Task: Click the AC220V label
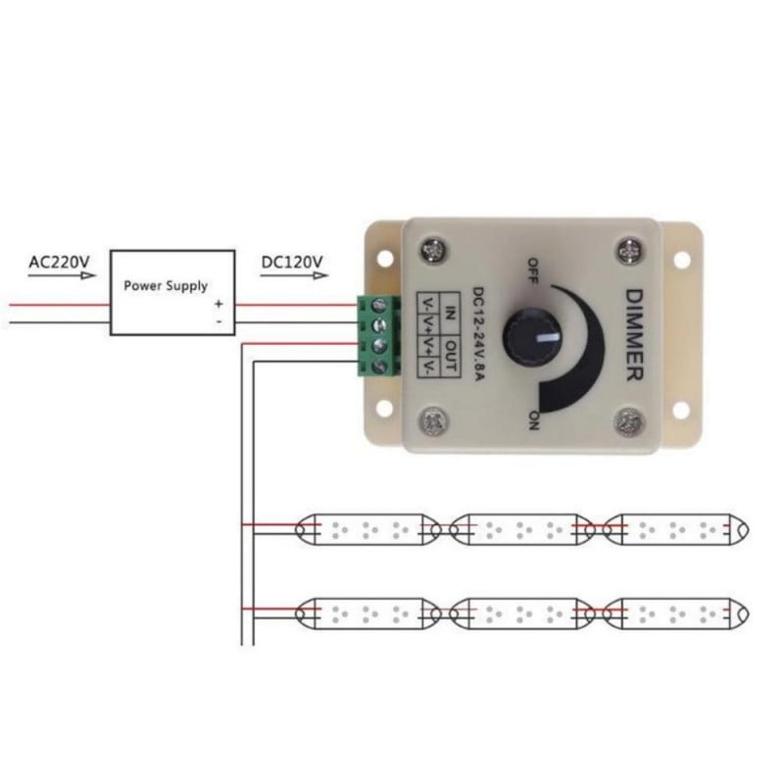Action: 59,262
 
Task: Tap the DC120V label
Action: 293,262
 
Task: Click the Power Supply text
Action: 166,286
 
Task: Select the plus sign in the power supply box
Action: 219,304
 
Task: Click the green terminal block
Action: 378,334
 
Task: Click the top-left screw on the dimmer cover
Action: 431,250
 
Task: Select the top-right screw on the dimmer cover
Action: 627,250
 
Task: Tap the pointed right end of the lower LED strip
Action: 747,613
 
